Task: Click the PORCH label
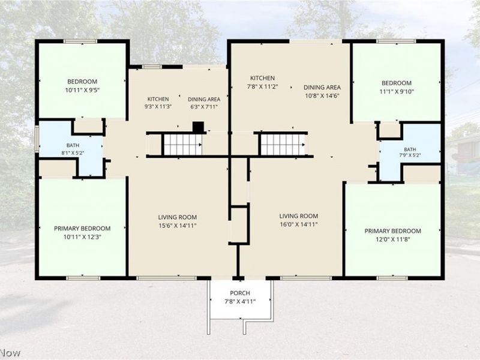(240, 293)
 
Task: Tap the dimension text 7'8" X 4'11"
(240, 302)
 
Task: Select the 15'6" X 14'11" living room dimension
(178, 226)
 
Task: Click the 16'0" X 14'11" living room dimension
(299, 224)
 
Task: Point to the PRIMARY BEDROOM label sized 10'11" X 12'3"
(82, 229)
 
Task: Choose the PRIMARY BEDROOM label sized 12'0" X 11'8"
(393, 231)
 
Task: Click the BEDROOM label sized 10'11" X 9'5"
(82, 82)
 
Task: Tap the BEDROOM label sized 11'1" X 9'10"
(397, 83)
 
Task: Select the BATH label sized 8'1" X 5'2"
(73, 145)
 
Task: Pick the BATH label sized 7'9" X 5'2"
(410, 149)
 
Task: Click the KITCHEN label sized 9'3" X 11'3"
(158, 99)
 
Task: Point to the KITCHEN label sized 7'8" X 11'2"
(262, 78)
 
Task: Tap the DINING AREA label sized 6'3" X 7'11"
(204, 99)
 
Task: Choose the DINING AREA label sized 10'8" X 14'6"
(322, 87)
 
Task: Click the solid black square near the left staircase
(198, 127)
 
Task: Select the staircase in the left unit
(183, 145)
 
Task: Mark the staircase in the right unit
(282, 145)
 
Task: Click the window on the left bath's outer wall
(37, 139)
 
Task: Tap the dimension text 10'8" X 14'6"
(322, 95)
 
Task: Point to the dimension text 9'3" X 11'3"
(158, 107)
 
